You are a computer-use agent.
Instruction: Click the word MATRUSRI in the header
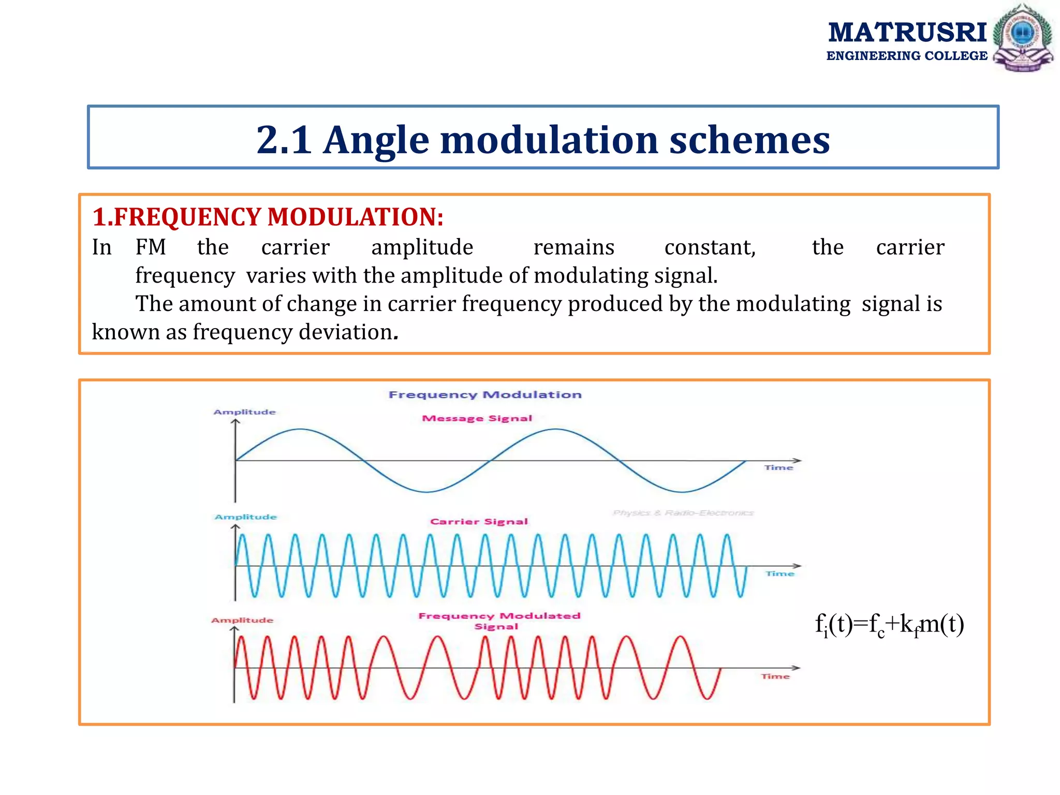tap(907, 33)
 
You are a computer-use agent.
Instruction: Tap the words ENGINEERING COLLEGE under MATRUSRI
tap(907, 56)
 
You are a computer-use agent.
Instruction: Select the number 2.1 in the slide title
tap(284, 140)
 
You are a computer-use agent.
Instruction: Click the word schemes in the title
tap(749, 140)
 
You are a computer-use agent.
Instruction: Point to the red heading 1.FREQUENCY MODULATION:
tap(268, 217)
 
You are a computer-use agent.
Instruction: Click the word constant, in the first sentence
tap(710, 247)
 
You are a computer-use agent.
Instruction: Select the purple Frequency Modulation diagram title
tap(485, 395)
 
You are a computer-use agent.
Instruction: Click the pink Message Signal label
tap(477, 418)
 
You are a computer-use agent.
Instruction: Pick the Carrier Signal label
tap(479, 522)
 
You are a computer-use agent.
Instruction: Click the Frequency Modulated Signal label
tap(499, 621)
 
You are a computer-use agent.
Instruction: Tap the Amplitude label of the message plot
tap(244, 412)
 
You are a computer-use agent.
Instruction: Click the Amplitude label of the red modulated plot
tap(242, 620)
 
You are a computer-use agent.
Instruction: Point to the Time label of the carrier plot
tap(779, 573)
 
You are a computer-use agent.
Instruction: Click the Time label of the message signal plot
tap(778, 467)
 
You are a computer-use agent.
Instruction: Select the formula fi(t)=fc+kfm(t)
tap(889, 625)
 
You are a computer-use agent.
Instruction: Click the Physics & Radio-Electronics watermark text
tap(683, 513)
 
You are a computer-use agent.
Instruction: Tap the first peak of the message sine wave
tap(300, 429)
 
